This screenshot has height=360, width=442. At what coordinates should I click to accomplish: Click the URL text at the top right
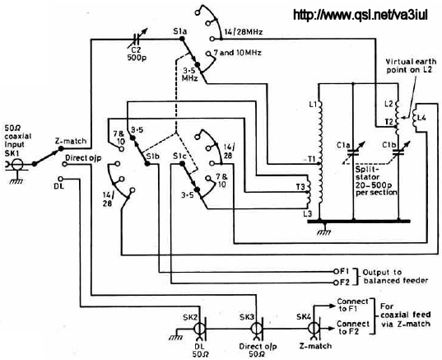(x=361, y=15)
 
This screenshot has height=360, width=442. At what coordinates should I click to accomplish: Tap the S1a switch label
(x=180, y=31)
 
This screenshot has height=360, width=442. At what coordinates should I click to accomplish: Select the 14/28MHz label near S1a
(x=244, y=32)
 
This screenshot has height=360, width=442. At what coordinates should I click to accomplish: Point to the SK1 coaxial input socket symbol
(x=17, y=164)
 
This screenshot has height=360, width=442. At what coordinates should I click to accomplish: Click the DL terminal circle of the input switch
(x=60, y=179)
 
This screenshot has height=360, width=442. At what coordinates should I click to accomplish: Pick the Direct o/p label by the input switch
(x=83, y=157)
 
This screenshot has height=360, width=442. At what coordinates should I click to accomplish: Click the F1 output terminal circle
(x=336, y=271)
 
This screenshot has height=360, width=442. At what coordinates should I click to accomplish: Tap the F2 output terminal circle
(x=336, y=283)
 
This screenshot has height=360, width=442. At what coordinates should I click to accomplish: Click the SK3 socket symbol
(x=257, y=329)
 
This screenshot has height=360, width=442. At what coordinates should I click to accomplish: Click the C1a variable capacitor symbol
(x=353, y=152)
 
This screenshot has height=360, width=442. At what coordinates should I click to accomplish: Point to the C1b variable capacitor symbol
(x=398, y=152)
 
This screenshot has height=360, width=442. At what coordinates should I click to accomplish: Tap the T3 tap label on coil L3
(x=300, y=186)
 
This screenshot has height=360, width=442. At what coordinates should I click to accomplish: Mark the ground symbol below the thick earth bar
(x=324, y=230)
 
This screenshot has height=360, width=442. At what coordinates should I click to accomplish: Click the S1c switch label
(x=179, y=156)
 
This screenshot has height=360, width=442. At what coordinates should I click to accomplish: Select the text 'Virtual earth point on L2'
(x=411, y=66)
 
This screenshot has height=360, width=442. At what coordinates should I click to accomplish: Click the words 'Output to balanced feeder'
(x=395, y=277)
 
